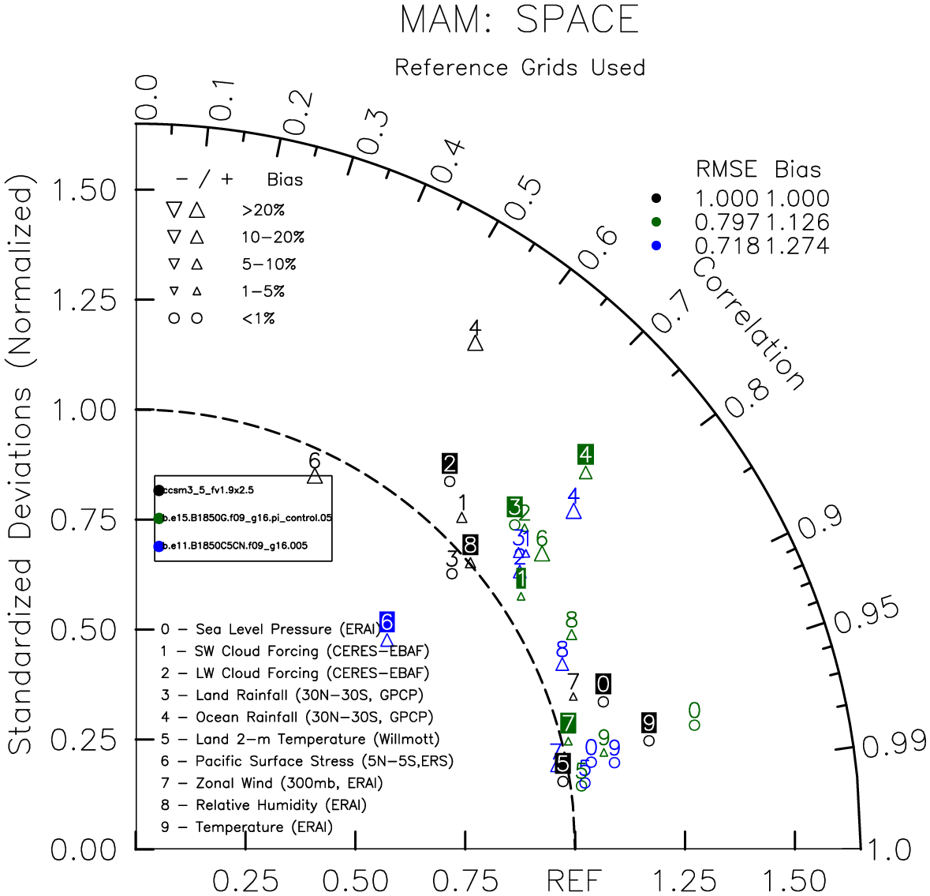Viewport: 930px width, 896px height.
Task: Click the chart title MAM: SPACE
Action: click(519, 20)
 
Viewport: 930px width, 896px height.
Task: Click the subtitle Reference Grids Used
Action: click(520, 68)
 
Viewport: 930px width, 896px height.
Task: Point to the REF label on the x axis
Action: click(573, 880)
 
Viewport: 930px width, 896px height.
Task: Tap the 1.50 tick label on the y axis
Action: click(83, 190)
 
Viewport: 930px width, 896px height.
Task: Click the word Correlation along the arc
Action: click(749, 324)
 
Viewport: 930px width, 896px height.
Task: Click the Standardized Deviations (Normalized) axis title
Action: click(21, 470)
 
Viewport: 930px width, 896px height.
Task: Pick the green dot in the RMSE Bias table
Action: click(656, 222)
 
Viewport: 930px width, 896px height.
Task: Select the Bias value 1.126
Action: click(797, 223)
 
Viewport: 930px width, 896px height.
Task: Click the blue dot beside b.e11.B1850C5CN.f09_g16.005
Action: click(159, 546)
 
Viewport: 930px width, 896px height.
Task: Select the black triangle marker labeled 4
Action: click(475, 343)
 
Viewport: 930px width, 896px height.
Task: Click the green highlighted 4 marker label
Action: click(585, 455)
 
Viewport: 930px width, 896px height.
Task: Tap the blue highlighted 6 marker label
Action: click(387, 622)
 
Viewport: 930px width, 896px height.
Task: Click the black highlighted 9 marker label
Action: click(649, 722)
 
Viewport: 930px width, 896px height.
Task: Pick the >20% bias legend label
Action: click(263, 211)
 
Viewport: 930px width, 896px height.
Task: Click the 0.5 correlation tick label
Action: click(523, 198)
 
